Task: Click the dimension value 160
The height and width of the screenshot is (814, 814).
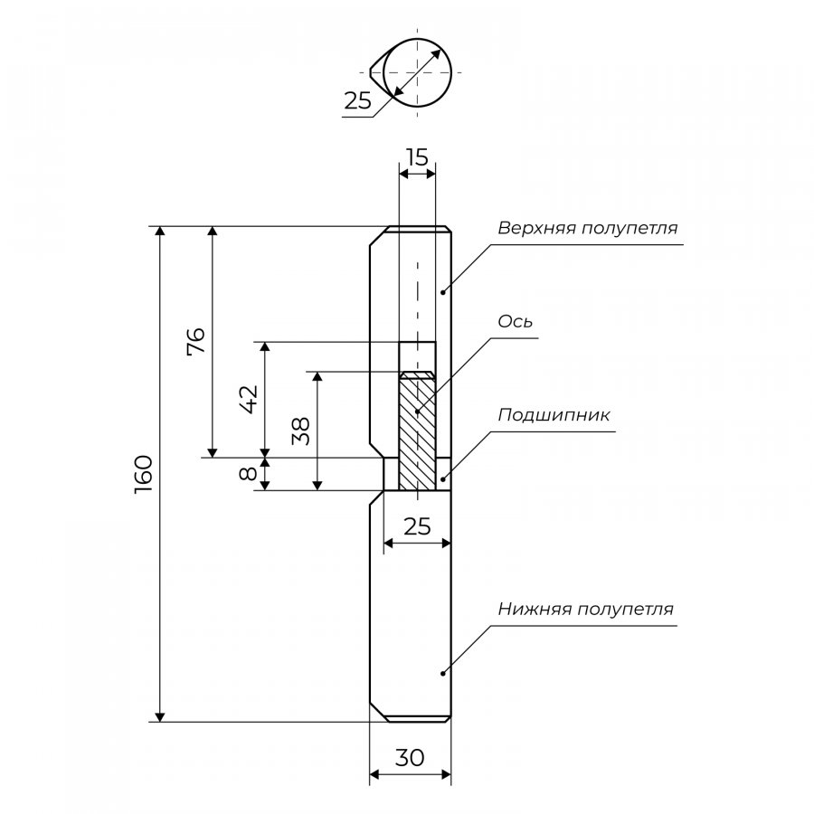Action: [144, 475]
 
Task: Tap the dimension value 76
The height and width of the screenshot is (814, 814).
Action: [196, 340]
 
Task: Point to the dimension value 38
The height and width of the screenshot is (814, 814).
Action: [300, 431]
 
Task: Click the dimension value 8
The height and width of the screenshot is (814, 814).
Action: [249, 473]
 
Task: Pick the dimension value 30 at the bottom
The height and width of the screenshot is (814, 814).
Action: [410, 758]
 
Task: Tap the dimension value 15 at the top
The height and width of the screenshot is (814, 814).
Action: [417, 156]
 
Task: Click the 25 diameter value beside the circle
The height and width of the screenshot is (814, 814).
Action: [357, 100]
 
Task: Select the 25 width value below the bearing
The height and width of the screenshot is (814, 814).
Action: [417, 526]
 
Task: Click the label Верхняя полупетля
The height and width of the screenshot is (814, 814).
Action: [588, 228]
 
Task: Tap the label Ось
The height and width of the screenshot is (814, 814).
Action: [515, 322]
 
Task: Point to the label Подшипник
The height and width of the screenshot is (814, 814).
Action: [554, 415]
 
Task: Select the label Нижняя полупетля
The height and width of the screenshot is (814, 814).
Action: [585, 609]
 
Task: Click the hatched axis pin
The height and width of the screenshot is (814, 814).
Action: [417, 431]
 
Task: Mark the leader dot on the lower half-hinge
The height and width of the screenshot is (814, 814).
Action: [443, 673]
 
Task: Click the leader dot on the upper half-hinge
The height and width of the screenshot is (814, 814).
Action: [443, 292]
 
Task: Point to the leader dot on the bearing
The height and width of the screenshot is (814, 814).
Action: [443, 479]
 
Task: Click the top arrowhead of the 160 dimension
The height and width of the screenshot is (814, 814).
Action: [160, 232]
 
